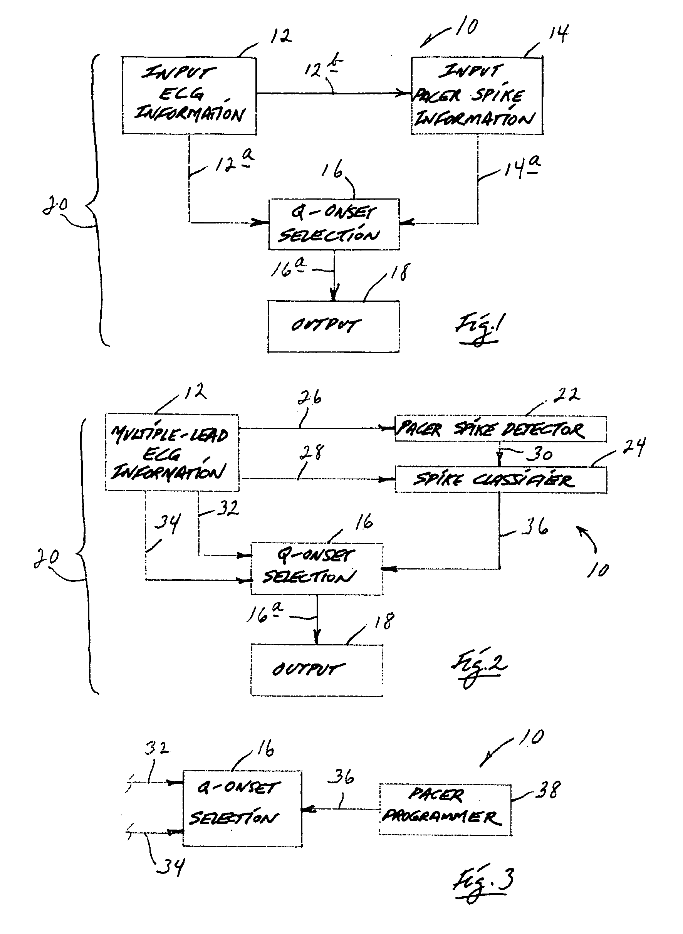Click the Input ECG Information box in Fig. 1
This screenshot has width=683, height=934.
pyautogui.click(x=189, y=95)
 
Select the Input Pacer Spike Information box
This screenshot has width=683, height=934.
pyautogui.click(x=477, y=96)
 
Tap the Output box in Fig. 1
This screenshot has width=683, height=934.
pyautogui.click(x=333, y=326)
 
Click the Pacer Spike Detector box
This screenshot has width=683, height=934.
pyautogui.click(x=500, y=429)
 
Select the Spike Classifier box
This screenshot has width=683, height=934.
pyautogui.click(x=500, y=480)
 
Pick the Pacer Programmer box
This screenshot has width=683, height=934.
pyautogui.click(x=445, y=809)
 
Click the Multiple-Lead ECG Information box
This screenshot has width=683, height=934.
pyautogui.click(x=171, y=452)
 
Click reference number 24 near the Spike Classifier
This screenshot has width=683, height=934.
pyautogui.click(x=634, y=447)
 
